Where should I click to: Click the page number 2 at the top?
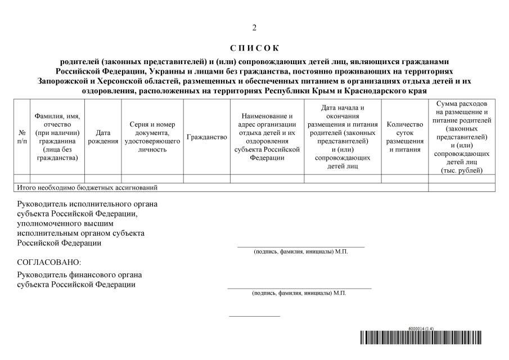click(254, 28)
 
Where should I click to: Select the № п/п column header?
click(22, 137)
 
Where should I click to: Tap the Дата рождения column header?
click(103, 137)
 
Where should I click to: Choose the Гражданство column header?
click(206, 137)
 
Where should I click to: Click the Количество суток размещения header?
click(404, 137)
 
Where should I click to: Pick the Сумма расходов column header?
click(462, 137)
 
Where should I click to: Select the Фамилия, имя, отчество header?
click(57, 137)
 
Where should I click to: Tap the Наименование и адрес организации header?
click(267, 137)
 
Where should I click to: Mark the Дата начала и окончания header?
click(343, 137)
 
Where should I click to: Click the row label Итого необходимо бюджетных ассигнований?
click(87, 187)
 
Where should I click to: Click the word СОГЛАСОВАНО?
click(49, 262)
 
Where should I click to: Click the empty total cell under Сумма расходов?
click(462, 187)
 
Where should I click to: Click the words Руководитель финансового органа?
click(79, 274)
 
